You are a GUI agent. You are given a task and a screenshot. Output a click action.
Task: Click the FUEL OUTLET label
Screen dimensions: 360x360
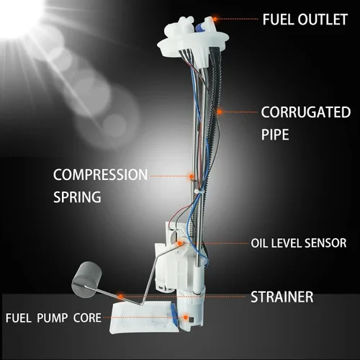tap(305, 19)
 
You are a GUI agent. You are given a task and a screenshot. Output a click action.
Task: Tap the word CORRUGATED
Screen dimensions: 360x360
tap(306, 112)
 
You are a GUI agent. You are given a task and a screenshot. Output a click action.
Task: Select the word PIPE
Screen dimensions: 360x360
tap(275, 135)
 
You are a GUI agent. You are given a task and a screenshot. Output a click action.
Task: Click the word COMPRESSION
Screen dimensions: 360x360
tap(100, 174)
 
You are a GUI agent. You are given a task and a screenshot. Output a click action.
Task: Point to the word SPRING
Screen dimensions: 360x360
tap(77, 197)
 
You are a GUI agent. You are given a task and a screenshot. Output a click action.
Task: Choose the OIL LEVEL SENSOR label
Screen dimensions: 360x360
tap(299, 243)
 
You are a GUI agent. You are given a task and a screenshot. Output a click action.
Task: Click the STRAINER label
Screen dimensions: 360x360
tap(282, 297)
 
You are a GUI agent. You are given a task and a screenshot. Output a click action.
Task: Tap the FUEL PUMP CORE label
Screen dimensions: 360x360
tap(53, 318)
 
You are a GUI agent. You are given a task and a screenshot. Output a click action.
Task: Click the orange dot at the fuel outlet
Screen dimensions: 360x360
tap(215, 19)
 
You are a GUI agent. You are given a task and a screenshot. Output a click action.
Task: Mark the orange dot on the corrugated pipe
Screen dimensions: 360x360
tap(220, 112)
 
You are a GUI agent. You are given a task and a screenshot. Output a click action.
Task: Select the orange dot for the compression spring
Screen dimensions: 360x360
tap(192, 176)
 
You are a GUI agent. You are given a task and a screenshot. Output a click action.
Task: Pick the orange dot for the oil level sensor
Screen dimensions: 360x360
tap(179, 243)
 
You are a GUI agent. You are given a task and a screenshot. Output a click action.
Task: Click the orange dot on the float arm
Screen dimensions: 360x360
tap(121, 297)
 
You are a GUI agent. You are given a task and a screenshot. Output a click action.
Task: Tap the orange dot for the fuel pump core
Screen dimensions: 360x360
tap(186, 318)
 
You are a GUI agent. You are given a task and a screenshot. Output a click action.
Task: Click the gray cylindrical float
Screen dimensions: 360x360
tap(86, 279)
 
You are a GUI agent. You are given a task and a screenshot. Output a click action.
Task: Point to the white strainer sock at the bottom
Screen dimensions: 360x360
tap(143, 318)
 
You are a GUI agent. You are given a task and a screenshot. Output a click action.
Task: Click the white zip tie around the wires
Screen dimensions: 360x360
tap(198, 192)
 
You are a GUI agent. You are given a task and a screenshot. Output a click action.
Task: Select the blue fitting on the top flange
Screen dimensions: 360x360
tap(199, 27)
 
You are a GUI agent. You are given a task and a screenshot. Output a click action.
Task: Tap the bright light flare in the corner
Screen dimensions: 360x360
tap(19, 17)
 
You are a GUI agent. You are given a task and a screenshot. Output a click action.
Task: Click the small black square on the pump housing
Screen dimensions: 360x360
tap(192, 320)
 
